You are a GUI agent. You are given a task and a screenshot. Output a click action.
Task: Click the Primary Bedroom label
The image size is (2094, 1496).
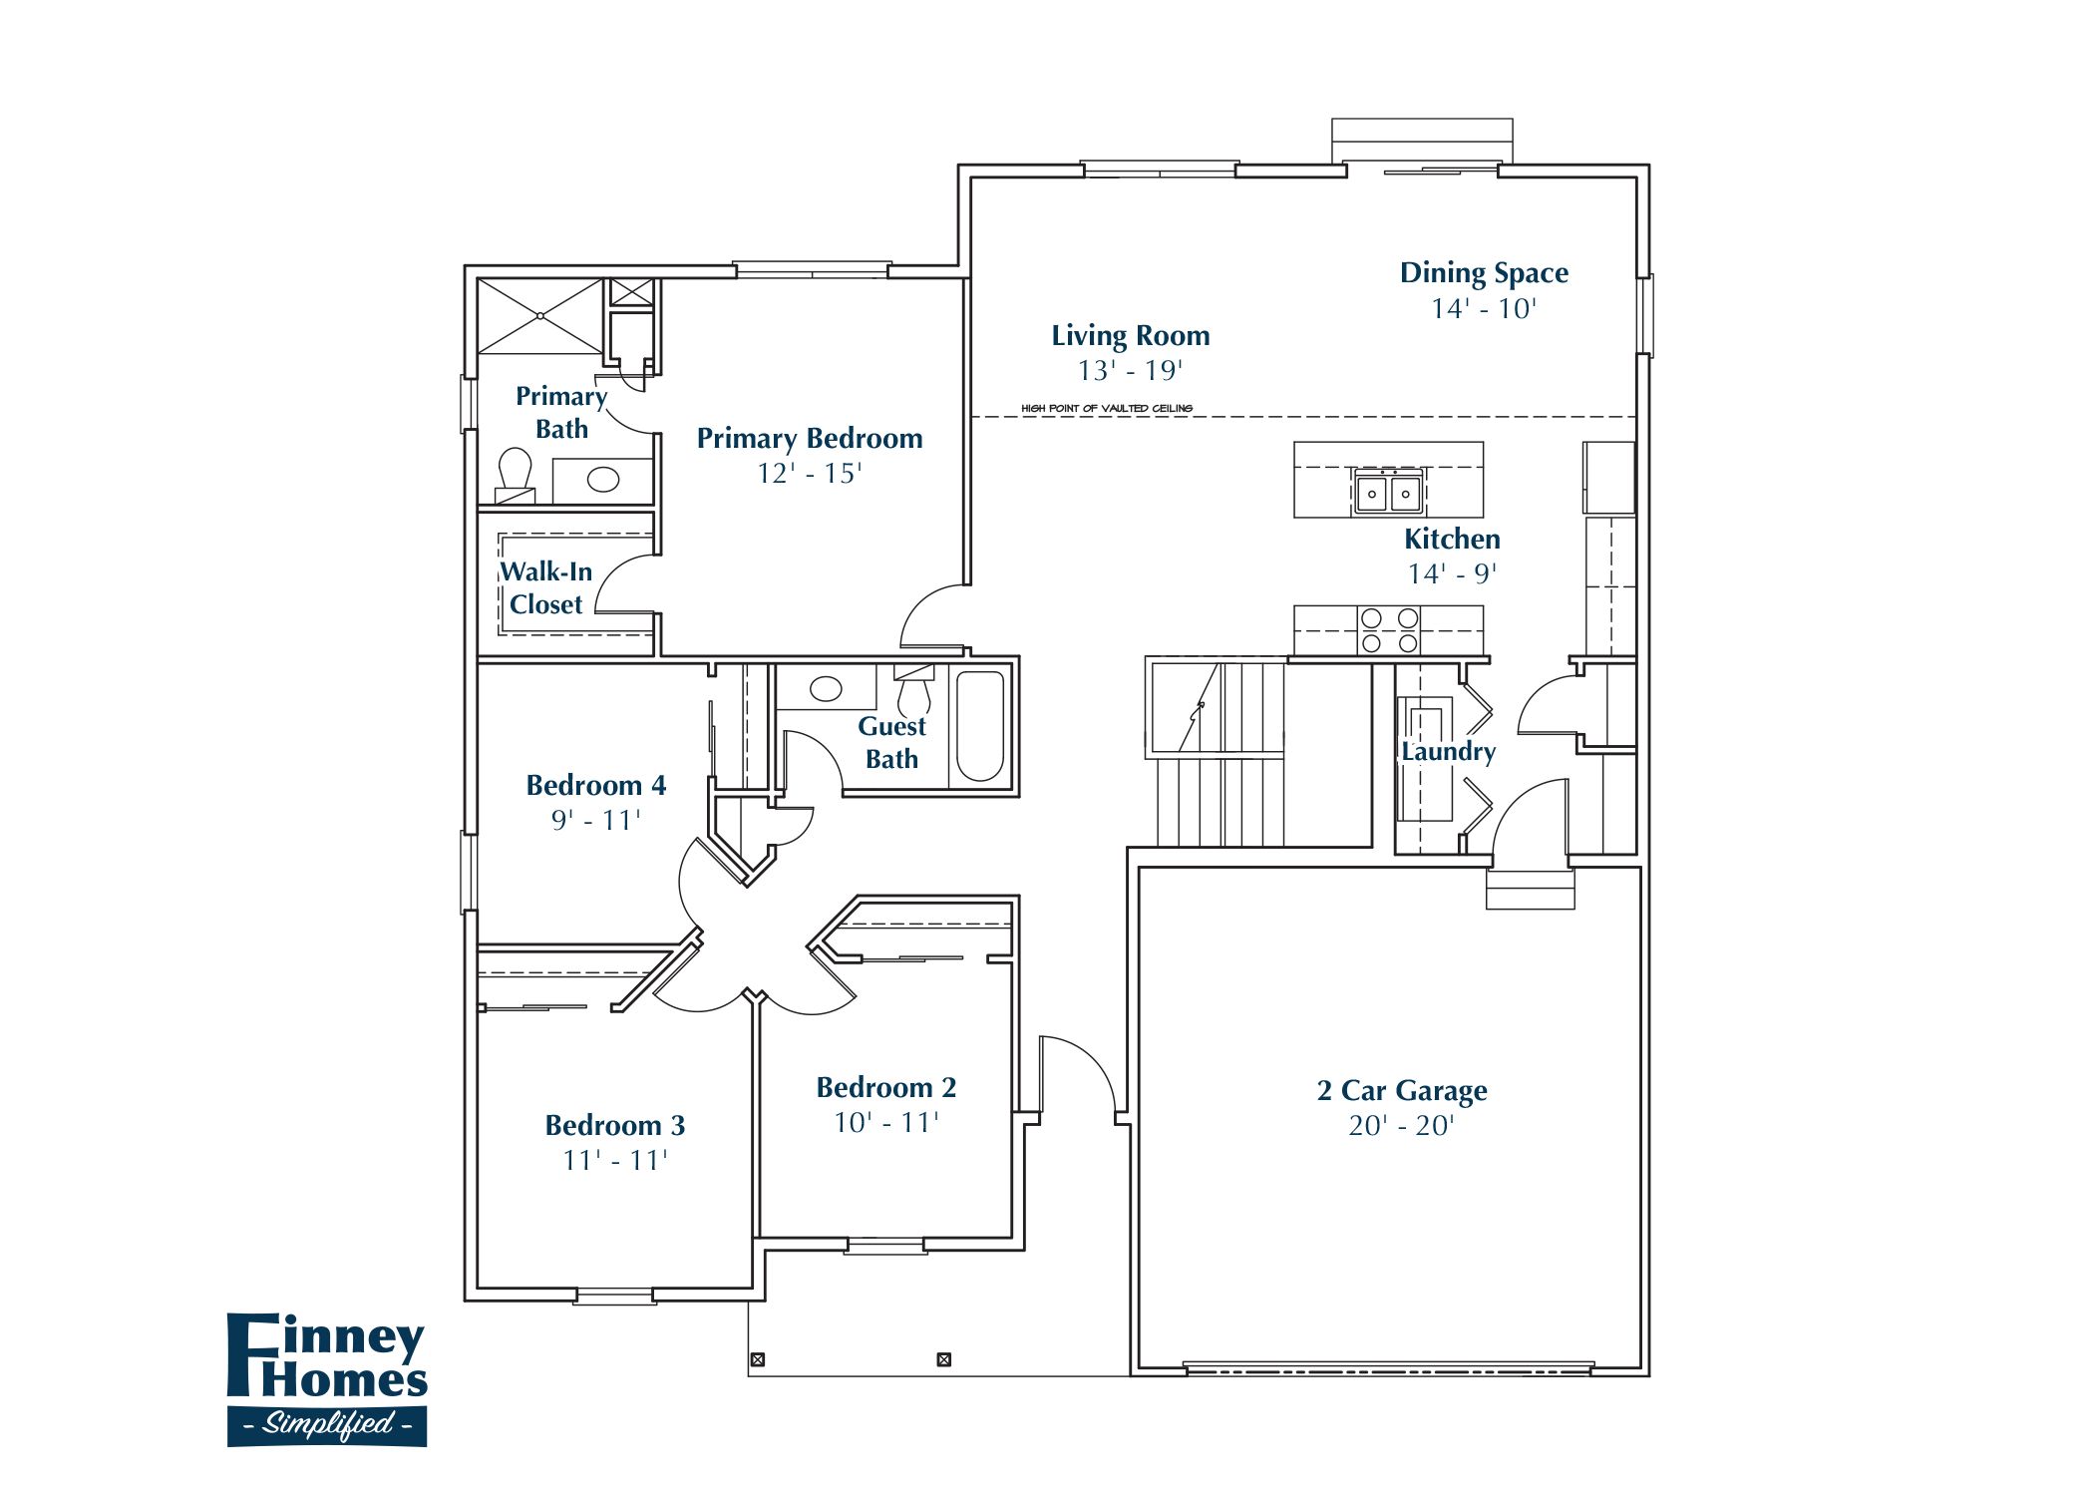pos(809,439)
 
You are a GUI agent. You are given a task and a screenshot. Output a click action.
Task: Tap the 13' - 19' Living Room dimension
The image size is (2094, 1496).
pos(1130,371)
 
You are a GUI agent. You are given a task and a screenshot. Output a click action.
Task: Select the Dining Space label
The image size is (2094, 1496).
pos(1483,273)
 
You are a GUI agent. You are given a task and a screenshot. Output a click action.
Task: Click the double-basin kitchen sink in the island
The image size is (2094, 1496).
pos(1388,493)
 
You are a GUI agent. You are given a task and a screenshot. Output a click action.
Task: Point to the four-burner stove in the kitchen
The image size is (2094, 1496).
pos(1389,630)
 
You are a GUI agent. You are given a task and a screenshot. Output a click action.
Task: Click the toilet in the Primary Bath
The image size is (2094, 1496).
pos(515,472)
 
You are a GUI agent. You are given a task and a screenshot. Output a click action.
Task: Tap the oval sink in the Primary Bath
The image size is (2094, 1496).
pos(602,480)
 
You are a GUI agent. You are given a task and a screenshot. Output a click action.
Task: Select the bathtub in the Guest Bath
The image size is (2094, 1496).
pos(980,726)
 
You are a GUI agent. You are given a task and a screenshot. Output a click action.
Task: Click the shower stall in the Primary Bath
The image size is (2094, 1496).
pos(540,316)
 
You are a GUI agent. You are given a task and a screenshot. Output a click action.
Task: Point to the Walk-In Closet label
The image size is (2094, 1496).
pos(545,587)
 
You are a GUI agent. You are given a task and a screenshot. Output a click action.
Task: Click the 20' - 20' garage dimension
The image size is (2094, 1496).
pos(1401,1126)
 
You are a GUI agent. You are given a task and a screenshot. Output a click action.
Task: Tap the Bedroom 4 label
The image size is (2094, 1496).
pos(595,786)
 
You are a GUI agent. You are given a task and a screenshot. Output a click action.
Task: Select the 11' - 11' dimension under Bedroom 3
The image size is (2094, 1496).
pos(614,1161)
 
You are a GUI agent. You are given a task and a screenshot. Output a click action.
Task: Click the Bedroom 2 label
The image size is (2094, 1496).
pos(885,1088)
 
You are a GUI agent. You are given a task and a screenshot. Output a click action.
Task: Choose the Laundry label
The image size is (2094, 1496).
pos(1448,752)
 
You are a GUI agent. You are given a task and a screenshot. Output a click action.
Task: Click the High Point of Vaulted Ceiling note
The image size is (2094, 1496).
pos(1106,409)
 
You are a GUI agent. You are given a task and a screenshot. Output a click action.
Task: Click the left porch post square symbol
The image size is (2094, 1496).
pos(757,1359)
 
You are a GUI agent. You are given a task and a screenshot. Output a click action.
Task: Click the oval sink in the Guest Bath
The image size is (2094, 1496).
pos(826,688)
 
